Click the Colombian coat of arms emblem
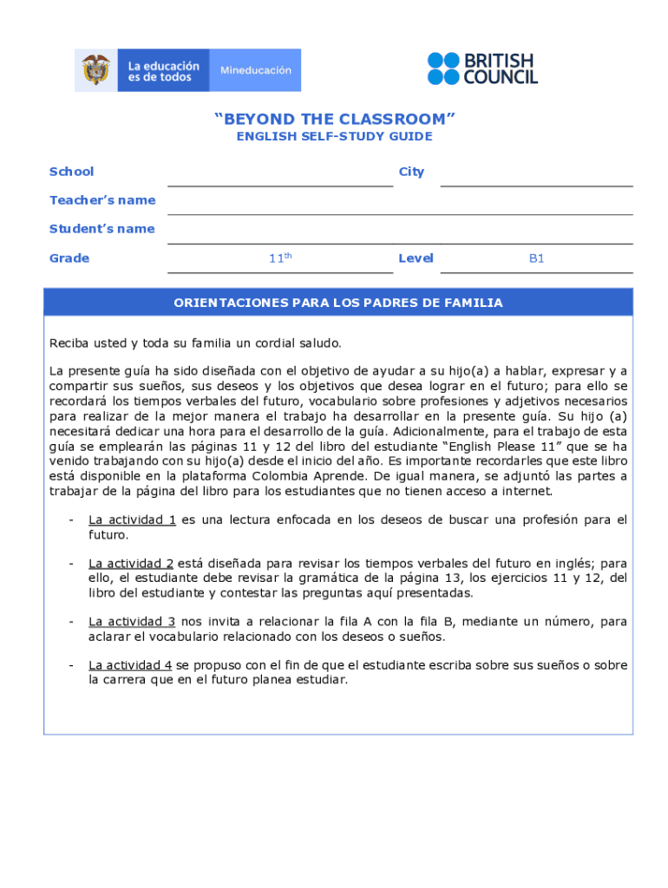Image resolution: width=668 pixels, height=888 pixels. click(96, 69)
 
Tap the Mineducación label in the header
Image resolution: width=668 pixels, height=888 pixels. click(255, 70)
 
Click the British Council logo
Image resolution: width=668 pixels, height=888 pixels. click(481, 69)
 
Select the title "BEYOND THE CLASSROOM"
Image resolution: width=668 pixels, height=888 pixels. click(334, 119)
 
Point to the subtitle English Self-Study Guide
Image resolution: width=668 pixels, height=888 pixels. click(334, 137)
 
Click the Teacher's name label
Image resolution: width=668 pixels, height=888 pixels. click(102, 200)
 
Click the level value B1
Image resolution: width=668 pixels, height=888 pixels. click(536, 258)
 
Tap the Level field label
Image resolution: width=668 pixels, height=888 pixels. click(416, 258)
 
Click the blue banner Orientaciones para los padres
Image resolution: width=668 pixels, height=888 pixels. click(337, 303)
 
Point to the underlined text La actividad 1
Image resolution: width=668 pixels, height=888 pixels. click(132, 520)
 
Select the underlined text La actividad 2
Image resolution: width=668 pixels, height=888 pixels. click(132, 564)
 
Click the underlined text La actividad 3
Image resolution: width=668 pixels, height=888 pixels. click(132, 622)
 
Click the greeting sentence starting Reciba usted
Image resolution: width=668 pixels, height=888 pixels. click(195, 343)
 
